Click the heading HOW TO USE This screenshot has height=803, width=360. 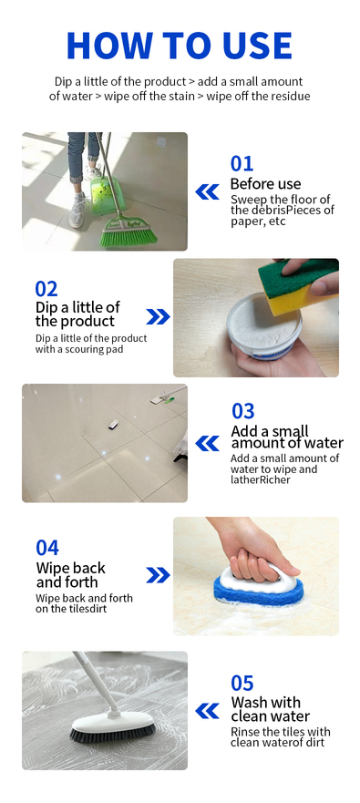[180, 46]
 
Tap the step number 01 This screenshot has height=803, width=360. [242, 164]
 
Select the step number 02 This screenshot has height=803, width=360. [46, 289]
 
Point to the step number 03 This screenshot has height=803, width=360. [242, 411]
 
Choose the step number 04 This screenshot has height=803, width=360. [47, 548]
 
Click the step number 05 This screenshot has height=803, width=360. [242, 684]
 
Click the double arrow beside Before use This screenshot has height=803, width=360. [208, 192]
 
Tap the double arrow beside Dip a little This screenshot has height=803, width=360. [158, 317]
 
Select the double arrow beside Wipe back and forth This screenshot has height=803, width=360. [158, 575]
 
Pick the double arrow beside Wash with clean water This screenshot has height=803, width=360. [208, 711]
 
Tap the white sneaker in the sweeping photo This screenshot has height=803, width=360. [77, 211]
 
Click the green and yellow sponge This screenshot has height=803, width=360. [297, 287]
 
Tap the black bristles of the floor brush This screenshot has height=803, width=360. [113, 736]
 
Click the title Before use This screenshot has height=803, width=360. [265, 184]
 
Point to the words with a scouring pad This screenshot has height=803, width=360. [79, 349]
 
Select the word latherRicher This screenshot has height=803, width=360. [260, 479]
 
